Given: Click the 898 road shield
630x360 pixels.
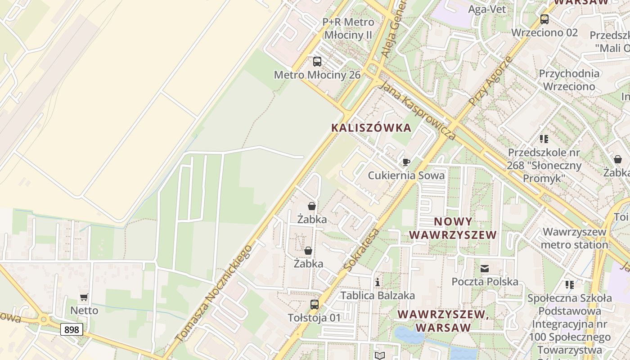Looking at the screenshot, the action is (72, 329).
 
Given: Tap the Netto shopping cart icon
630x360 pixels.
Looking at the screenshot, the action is (84, 297).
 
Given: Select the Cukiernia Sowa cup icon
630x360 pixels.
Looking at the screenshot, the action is (406, 162).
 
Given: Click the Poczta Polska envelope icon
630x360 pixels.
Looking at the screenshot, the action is (485, 269).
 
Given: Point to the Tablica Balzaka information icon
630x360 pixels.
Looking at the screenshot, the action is (378, 282).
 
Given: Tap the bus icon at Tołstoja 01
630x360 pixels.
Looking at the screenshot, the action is (315, 305).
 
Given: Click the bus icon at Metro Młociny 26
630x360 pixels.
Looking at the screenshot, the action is (317, 62).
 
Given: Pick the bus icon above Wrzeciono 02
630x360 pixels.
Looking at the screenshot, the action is (544, 19).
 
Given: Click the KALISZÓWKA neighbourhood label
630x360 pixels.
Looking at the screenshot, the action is (371, 128).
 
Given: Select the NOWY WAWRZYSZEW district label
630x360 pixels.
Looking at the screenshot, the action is (453, 228).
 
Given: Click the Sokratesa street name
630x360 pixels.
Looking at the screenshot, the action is (361, 250).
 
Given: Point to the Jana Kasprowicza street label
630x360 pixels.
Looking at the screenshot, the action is (417, 111).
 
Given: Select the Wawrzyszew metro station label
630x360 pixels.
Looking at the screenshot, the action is (575, 238).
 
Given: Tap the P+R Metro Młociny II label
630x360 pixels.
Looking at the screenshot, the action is (348, 28).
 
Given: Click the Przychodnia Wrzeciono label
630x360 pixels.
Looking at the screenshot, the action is (569, 80).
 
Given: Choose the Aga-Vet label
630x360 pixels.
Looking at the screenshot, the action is (487, 9).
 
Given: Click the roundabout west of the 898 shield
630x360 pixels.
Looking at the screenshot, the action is (44, 320).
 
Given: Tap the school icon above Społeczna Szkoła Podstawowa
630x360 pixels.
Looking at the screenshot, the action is (570, 285).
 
